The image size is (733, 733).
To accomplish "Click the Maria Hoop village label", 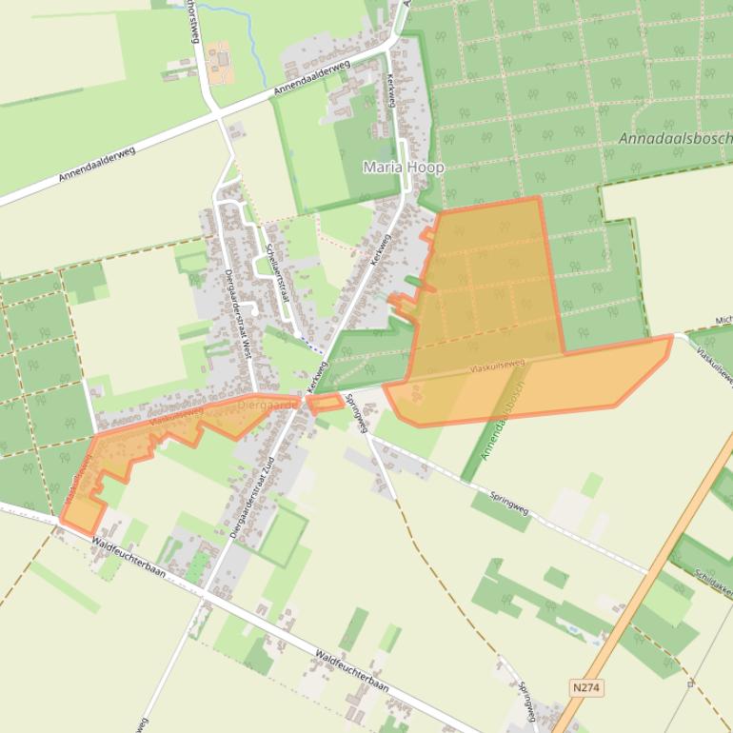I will pyautogui.click(x=403, y=167).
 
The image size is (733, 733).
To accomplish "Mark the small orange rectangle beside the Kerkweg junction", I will pyautogui.click(x=327, y=404).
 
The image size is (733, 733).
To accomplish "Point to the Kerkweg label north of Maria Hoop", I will pyautogui.click(x=389, y=95).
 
